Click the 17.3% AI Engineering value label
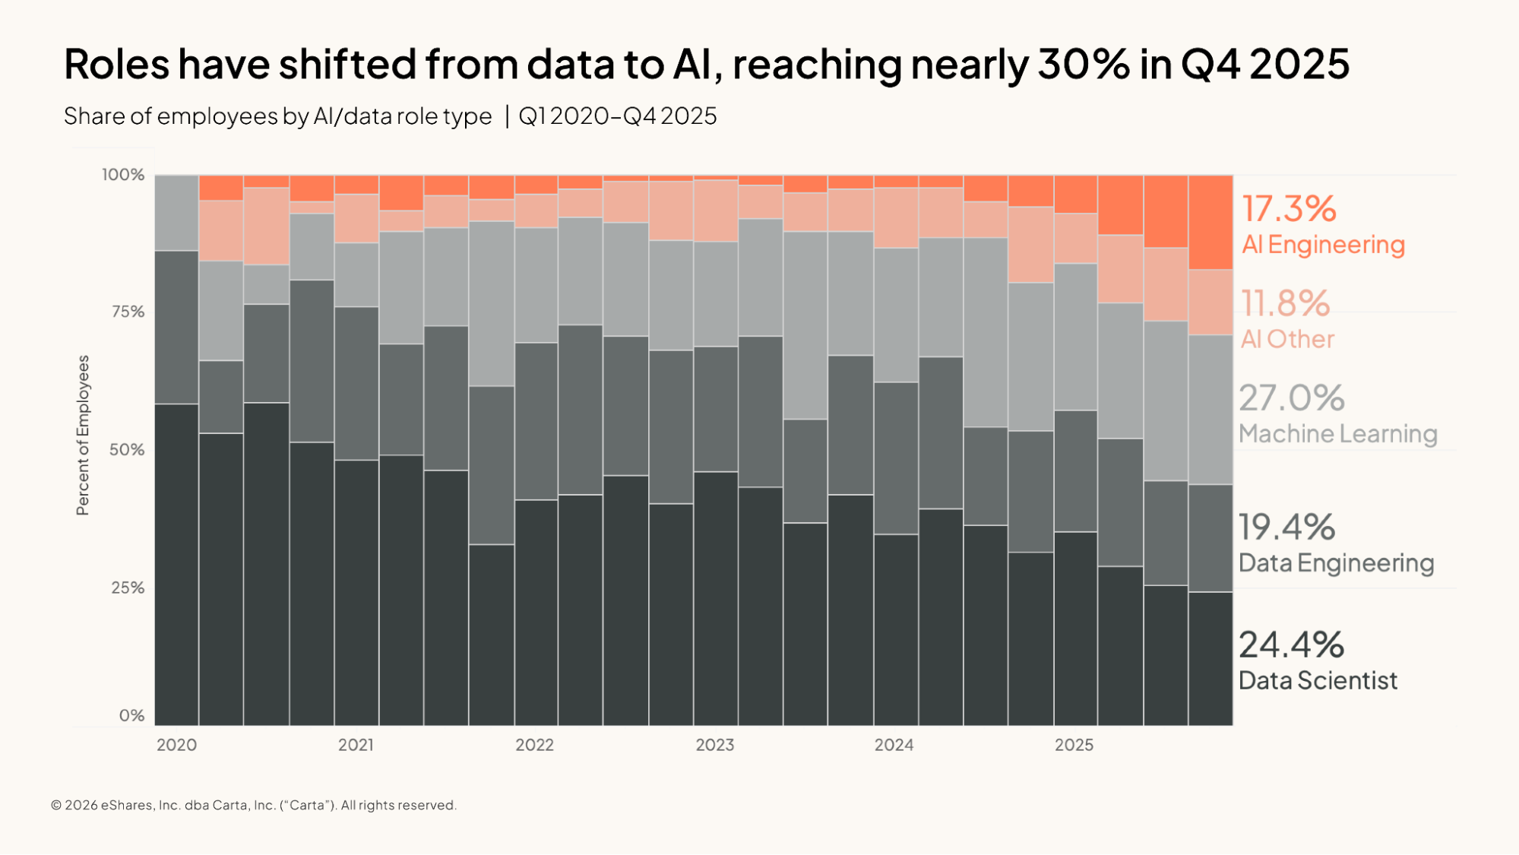pyautogui.click(x=1288, y=209)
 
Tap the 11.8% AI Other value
pyautogui.click(x=1285, y=303)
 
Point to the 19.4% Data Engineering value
pyautogui.click(x=1286, y=527)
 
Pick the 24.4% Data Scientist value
pyautogui.click(x=1291, y=644)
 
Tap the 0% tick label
pyautogui.click(x=132, y=715)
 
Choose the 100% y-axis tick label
pyautogui.click(x=123, y=175)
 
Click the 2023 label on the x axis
pyautogui.click(x=715, y=745)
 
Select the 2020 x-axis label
pyautogui.click(x=176, y=745)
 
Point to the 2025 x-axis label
pyautogui.click(x=1074, y=745)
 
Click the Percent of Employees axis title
pyautogui.click(x=83, y=435)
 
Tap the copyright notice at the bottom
pyautogui.click(x=254, y=805)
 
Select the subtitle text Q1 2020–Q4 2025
pyautogui.click(x=617, y=116)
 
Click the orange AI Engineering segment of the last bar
pyautogui.click(x=1210, y=223)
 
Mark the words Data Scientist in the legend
pyautogui.click(x=1318, y=680)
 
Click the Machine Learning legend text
pyautogui.click(x=1337, y=434)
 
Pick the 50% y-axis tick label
pyautogui.click(x=127, y=449)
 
